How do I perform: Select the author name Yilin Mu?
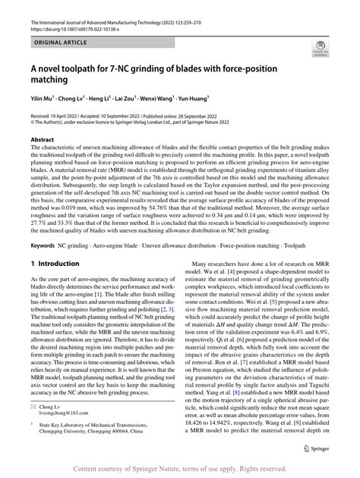click(43, 98)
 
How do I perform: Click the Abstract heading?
click(42, 141)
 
